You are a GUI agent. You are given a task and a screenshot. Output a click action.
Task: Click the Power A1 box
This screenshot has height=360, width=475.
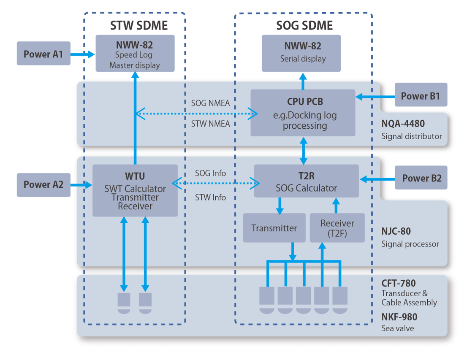click(43, 54)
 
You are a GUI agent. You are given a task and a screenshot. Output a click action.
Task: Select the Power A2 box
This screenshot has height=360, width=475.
click(43, 184)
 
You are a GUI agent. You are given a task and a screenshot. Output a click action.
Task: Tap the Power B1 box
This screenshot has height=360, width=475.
click(420, 95)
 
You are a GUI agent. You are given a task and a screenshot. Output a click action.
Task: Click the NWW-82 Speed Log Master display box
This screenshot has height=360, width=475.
click(135, 53)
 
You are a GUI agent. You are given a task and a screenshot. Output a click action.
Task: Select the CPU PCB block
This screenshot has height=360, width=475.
click(302, 113)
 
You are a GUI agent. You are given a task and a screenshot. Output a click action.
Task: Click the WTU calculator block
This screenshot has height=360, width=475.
click(135, 190)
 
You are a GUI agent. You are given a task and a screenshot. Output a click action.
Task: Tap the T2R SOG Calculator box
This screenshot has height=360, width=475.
click(306, 181)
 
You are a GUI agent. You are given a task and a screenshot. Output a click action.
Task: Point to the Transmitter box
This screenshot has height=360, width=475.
click(274, 228)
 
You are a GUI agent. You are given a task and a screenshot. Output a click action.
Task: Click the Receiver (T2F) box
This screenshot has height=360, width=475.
click(337, 228)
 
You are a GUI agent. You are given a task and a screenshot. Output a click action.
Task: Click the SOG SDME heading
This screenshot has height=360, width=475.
click(304, 25)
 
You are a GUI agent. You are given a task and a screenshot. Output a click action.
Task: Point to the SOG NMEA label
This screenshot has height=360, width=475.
click(210, 103)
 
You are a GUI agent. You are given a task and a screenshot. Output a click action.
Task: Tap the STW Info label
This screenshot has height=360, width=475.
click(210, 197)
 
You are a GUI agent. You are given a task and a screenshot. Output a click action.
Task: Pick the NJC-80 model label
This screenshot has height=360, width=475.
click(396, 232)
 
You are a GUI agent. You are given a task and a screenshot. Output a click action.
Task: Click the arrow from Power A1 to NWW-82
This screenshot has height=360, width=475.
click(83, 54)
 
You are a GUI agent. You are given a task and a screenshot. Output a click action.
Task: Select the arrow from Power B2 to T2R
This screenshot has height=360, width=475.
click(377, 179)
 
